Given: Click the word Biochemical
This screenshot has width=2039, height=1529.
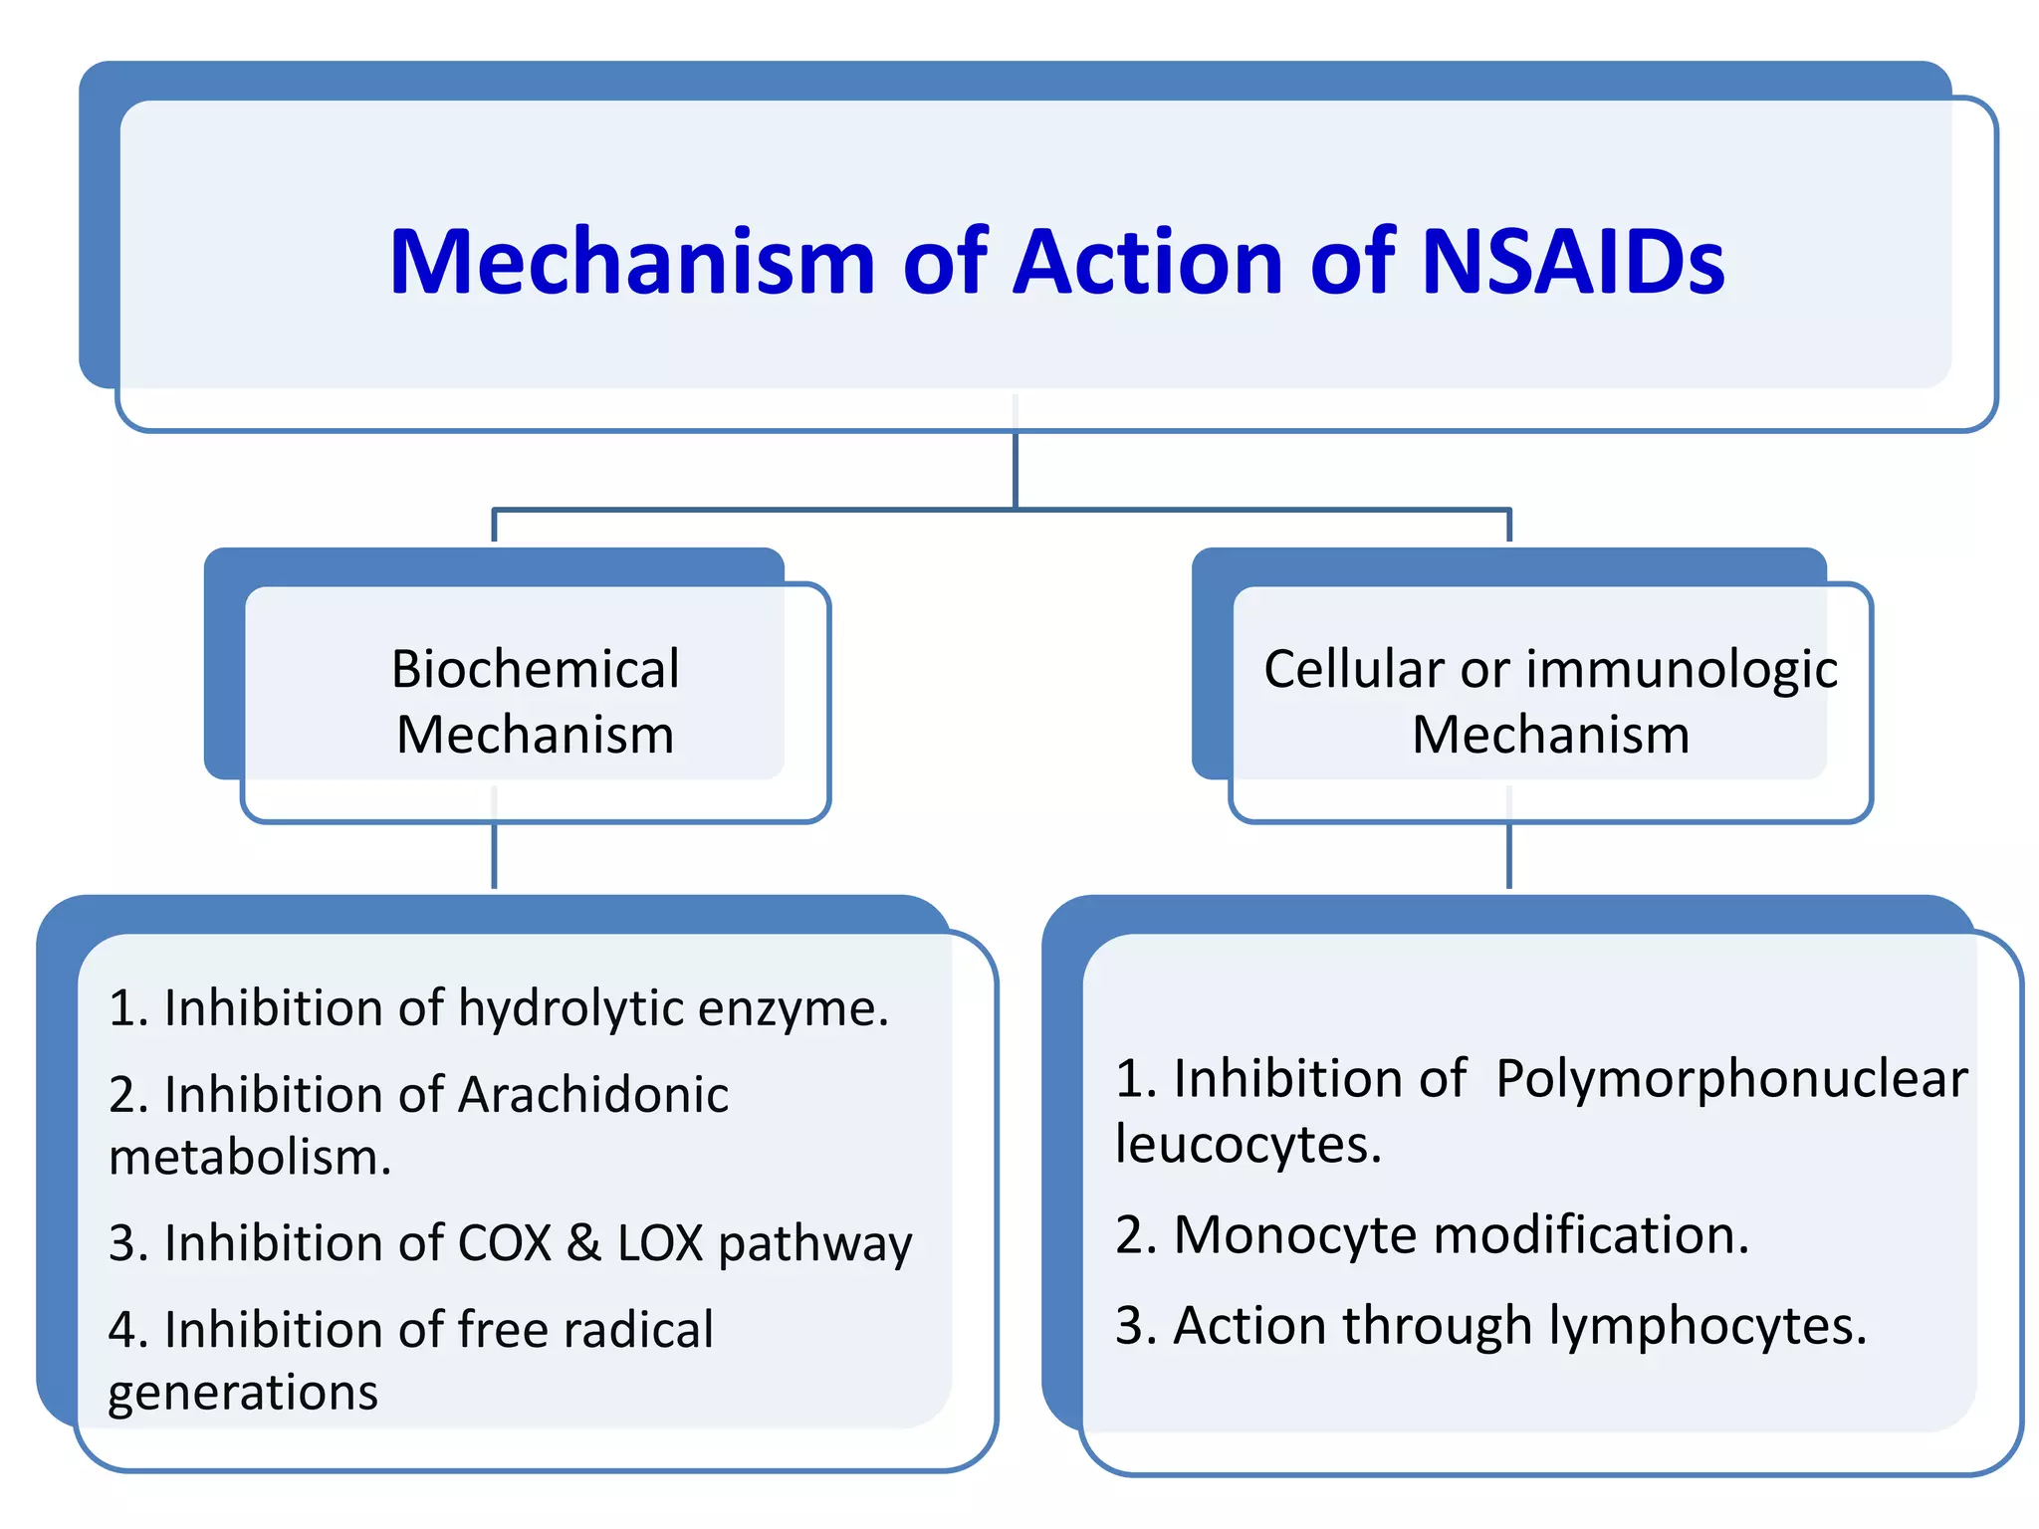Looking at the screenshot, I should click(535, 669).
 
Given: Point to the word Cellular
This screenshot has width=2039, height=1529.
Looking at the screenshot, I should click(1353, 669).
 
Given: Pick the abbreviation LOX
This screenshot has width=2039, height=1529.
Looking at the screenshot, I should click(659, 1243).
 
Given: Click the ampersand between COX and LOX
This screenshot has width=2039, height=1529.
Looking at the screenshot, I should click(583, 1243).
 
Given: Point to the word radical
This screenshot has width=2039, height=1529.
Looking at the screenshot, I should click(637, 1329).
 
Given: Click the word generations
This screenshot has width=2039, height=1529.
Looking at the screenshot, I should click(243, 1393).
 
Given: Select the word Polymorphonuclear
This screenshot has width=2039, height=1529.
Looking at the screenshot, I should click(1731, 1079).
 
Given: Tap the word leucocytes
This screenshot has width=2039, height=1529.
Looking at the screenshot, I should click(1247, 1144).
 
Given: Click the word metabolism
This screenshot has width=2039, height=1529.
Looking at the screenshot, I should click(249, 1158).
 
